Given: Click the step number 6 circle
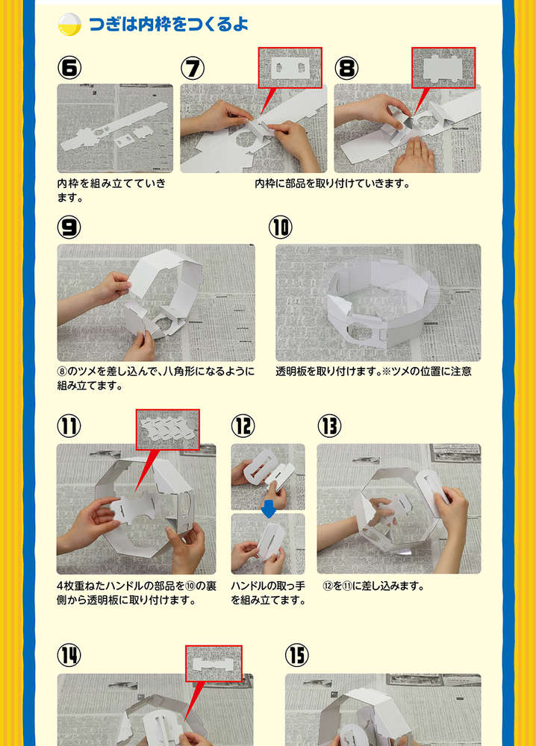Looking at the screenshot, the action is pos(69,68).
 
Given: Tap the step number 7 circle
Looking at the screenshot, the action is pos(193,68).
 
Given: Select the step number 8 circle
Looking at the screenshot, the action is pos(346,68).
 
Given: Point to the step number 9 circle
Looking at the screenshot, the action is pos(69,228).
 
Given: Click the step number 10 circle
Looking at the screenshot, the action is pos(281,228).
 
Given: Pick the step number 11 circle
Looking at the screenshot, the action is pos(69,426).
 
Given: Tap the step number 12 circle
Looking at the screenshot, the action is pos(243,426).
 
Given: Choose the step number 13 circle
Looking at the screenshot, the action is pos(329,426).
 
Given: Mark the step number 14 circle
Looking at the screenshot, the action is pos(69,655).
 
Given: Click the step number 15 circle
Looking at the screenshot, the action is pos(297,655).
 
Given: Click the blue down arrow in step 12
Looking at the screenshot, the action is pos(269,510).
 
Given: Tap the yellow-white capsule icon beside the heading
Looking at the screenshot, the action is pos(69,25).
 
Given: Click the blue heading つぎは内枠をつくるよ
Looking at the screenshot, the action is pos(168,24).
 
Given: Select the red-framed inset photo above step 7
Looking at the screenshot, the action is pos(290,68).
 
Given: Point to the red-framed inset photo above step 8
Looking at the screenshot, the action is pos(443,68).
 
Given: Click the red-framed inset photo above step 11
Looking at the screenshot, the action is pos(167,430).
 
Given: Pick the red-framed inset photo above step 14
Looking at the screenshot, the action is pos(214,663).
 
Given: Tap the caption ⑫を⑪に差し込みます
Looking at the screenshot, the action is pos(373,586).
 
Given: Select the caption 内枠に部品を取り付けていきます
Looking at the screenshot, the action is pos(332,184).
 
